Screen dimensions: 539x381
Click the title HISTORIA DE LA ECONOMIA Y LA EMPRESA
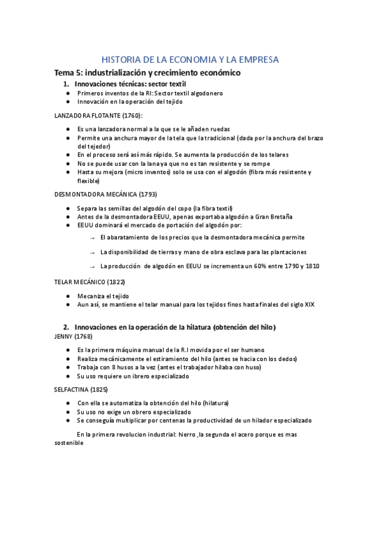(190, 60)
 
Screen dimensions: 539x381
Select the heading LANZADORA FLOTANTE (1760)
(98, 115)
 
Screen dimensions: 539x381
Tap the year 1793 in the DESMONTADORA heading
(145, 194)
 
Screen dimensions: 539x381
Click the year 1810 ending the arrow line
(312, 266)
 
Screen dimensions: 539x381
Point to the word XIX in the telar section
(309, 304)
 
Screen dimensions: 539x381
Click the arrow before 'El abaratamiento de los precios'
(92, 237)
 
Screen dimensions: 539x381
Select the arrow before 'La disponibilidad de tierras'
(92, 252)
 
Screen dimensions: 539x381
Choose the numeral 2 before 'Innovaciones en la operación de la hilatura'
(65, 327)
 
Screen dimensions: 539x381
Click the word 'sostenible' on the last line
(69, 444)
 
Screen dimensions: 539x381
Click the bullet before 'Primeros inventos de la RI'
(68, 93)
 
